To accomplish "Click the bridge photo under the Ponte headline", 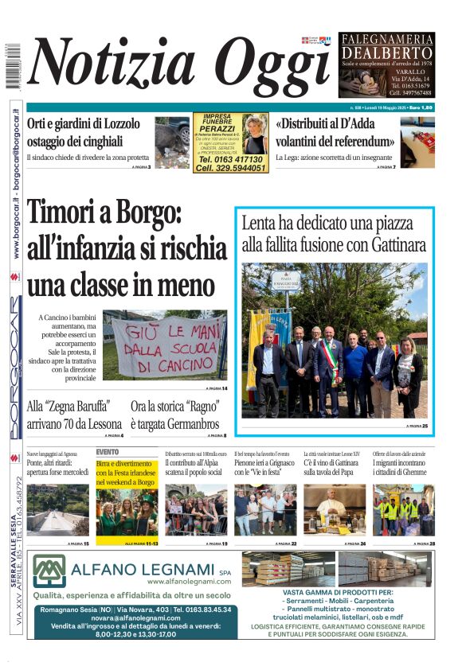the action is [x=57, y=509].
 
